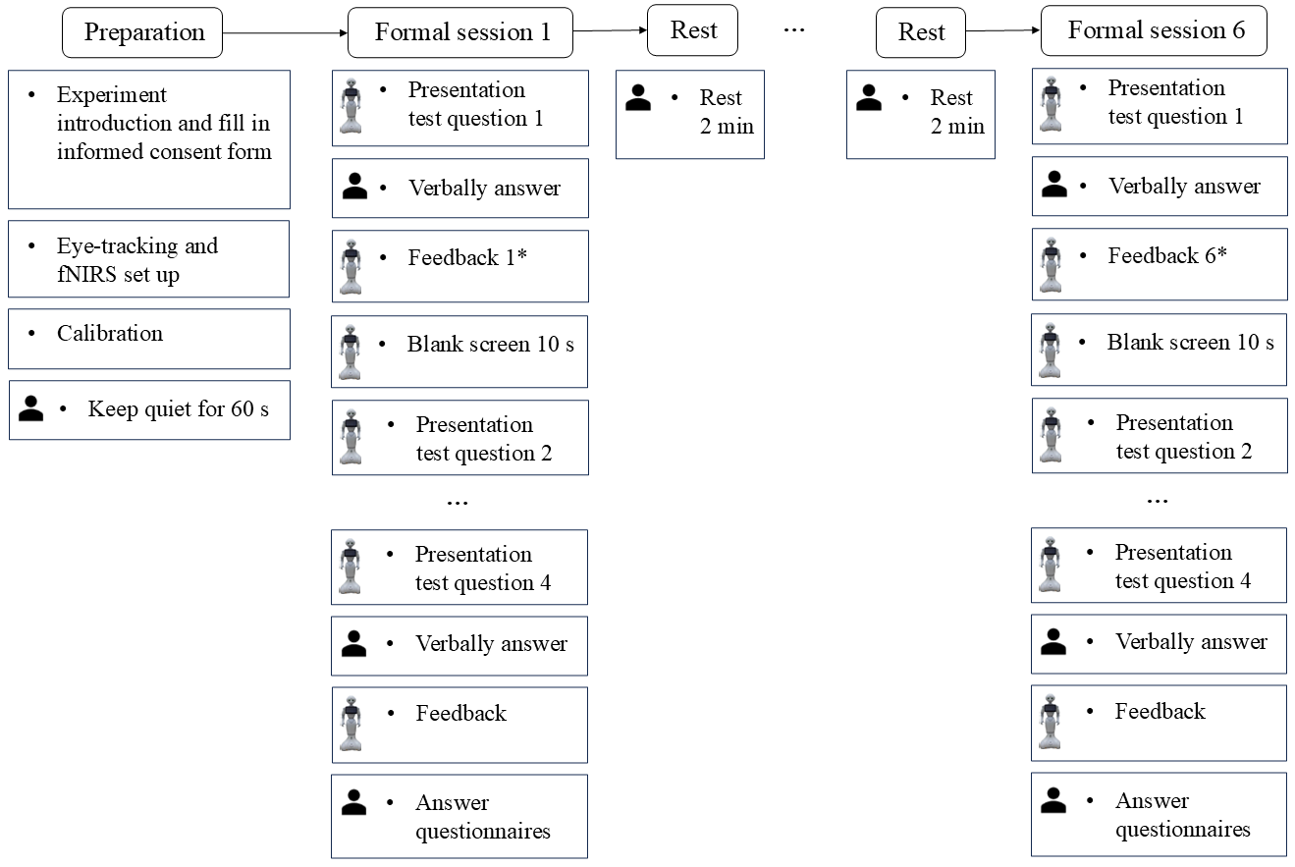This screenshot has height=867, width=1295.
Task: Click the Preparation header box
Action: [x=143, y=32]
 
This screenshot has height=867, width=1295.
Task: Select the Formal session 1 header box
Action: [x=461, y=32]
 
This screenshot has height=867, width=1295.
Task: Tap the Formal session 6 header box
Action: [x=1155, y=31]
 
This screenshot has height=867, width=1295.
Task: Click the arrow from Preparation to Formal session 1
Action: [x=285, y=32]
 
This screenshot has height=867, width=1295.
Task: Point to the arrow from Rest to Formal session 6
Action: [x=1002, y=31]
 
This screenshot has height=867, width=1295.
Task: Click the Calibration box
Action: [x=149, y=338]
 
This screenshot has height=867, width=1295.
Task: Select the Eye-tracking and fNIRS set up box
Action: [x=149, y=259]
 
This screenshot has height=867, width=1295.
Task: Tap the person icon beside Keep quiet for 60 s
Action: [x=31, y=409]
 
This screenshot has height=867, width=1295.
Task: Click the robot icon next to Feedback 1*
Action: [x=351, y=266]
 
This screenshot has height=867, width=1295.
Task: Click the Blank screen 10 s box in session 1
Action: [x=459, y=352]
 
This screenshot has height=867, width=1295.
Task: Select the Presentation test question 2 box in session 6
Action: [x=1159, y=436]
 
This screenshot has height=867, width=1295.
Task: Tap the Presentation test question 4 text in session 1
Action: [x=482, y=569]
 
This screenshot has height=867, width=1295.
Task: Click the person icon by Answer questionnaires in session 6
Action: [x=1052, y=800]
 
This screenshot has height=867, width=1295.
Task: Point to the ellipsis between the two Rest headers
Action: [x=794, y=31]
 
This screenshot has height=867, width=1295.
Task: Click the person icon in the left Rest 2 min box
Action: [x=638, y=97]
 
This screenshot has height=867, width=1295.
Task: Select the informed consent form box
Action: [x=149, y=138]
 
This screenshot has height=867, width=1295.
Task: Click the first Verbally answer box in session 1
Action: [x=459, y=189]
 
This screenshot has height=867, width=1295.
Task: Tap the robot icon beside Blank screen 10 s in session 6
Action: [x=1051, y=350]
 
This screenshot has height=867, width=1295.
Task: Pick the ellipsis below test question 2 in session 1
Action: [x=458, y=502]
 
